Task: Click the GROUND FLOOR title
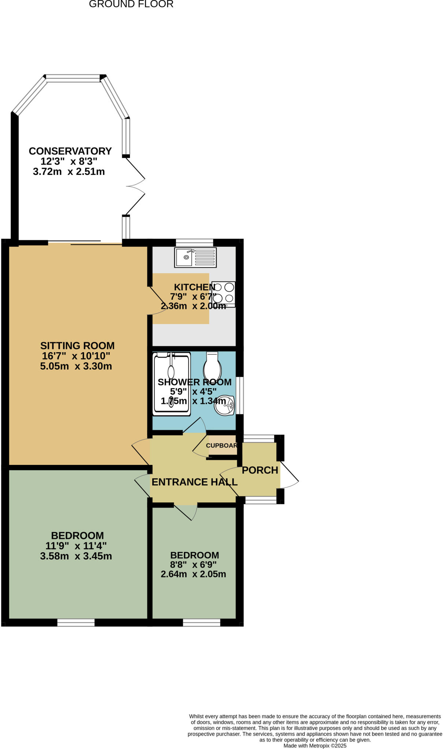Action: coord(131,4)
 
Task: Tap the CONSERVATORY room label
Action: coord(70,151)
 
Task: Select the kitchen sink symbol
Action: coord(195,257)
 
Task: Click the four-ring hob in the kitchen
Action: coord(223,294)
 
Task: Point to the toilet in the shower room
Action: coord(212,367)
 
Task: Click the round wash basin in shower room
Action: coord(224,405)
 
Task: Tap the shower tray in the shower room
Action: coord(172,384)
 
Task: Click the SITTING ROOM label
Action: coord(77,346)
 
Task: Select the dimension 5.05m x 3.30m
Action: coord(76,366)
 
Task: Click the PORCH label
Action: coord(260,470)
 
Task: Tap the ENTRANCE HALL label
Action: coord(194,482)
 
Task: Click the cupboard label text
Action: coord(221,445)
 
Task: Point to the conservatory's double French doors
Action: coord(135,186)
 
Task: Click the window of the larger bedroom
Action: coord(76,622)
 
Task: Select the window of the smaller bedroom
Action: coord(201,622)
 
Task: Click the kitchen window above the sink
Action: coord(194,242)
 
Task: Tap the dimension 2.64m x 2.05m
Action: coord(193,574)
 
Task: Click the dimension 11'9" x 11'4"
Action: coord(76,546)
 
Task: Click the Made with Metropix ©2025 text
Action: coord(315,746)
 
